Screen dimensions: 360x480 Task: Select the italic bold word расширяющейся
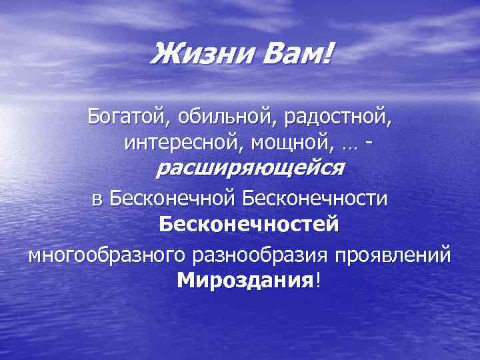click(249, 168)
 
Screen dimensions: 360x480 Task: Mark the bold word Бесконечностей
click(249, 224)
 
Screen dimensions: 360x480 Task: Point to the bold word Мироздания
click(245, 281)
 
